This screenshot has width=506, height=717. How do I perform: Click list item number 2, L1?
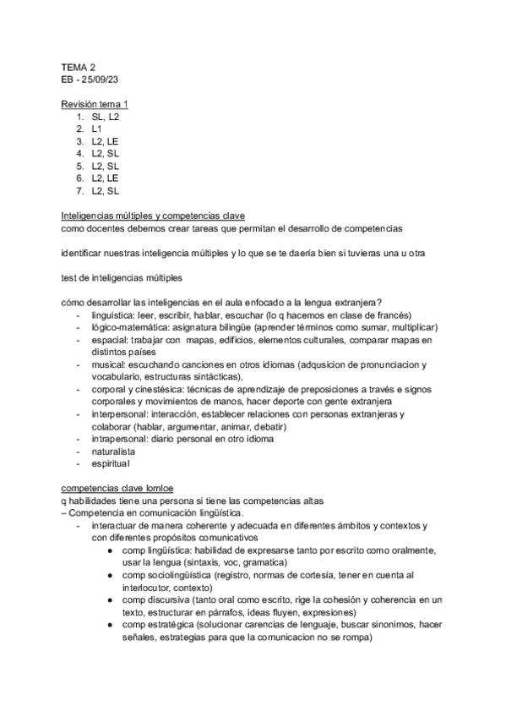pyautogui.click(x=98, y=129)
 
